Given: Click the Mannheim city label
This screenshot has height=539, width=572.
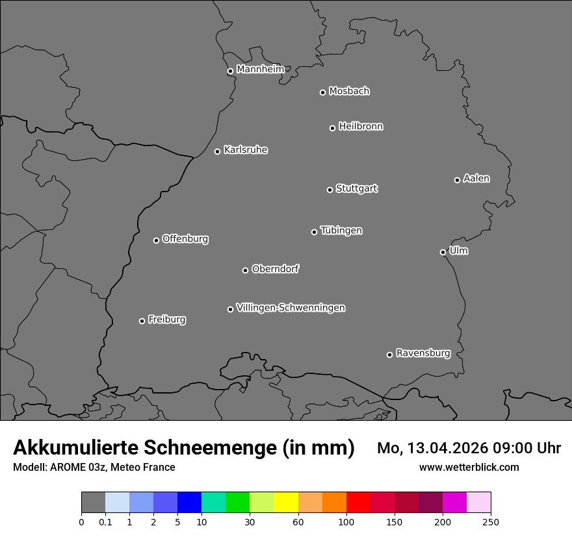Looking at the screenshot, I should [x=260, y=69].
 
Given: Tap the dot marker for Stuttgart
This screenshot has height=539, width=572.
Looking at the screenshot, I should [x=330, y=190].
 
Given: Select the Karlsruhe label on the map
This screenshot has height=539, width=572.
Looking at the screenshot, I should [x=245, y=150].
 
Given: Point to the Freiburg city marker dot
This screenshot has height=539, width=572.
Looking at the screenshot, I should [x=142, y=321].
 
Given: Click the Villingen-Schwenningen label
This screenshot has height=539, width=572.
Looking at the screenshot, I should [x=291, y=308].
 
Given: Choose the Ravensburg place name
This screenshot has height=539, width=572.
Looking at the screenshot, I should [x=422, y=353].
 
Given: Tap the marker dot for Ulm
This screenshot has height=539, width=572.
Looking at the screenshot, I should [x=443, y=252].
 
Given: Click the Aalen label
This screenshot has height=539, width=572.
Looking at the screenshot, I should [x=476, y=179].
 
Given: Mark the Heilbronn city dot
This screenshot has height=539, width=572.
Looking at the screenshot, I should [x=332, y=128].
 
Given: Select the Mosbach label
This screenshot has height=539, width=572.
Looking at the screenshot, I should [x=348, y=92].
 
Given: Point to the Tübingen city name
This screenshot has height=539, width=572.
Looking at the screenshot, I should [x=341, y=231].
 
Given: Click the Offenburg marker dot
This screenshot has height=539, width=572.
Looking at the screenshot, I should [x=156, y=240].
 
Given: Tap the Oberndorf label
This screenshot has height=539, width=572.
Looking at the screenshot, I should [x=275, y=269].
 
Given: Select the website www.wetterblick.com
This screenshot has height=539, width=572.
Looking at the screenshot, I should [x=469, y=467].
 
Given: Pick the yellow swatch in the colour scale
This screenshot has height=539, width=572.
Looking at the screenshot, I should [x=285, y=503].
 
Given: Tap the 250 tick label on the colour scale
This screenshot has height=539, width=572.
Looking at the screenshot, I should [x=491, y=521].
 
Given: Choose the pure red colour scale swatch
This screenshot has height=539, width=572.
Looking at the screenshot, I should [x=357, y=503].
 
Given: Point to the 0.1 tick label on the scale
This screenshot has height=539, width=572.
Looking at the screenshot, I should [x=105, y=521].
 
